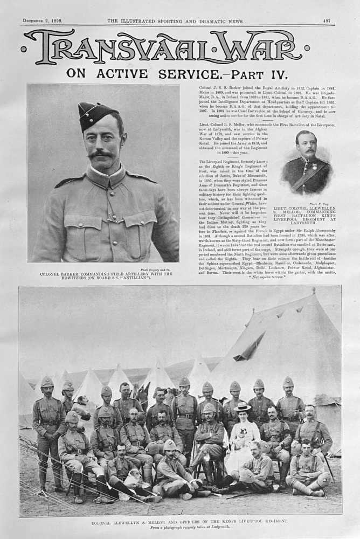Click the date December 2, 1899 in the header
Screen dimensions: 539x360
pos(43,20)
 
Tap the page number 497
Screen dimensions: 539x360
pos(327,20)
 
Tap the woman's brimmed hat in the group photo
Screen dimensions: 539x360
pos(242,406)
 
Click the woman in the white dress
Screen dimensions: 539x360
pos(242,437)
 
